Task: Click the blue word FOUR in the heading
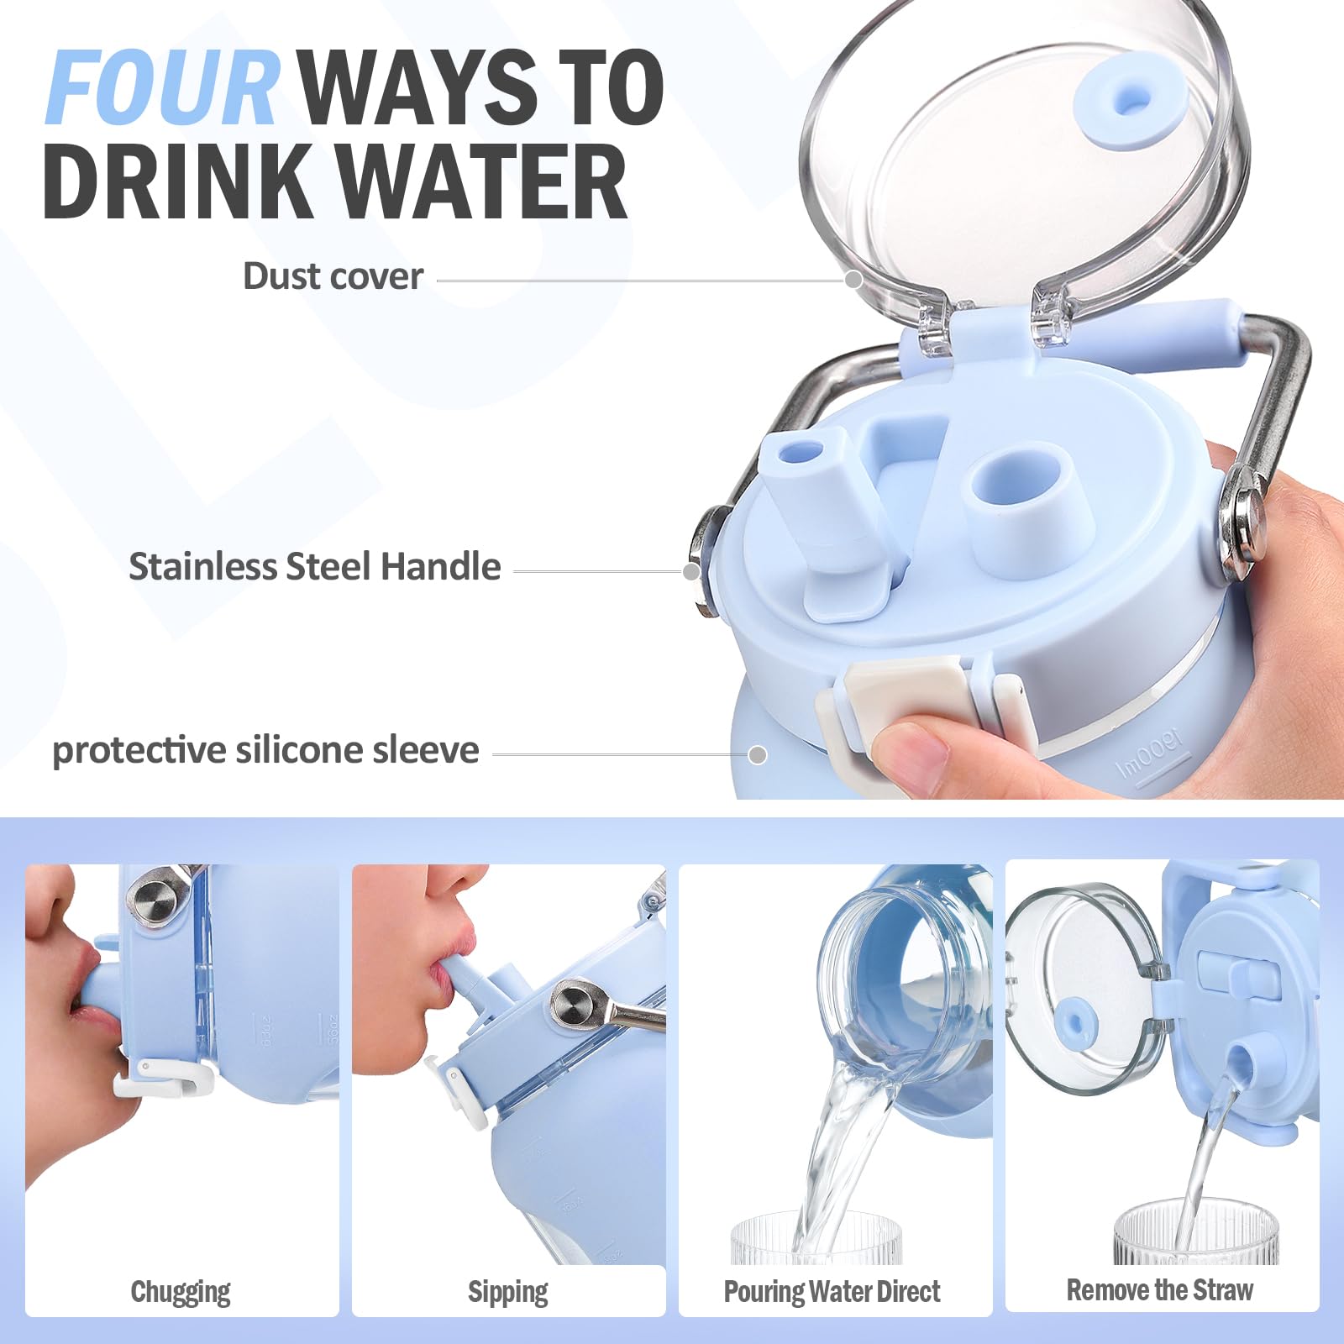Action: [162, 87]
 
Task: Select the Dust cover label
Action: [333, 276]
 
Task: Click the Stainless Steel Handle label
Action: [314, 567]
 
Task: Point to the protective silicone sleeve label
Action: [265, 750]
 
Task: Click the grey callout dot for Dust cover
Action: [853, 280]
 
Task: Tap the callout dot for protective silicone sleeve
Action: [758, 754]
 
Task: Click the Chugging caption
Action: [181, 1292]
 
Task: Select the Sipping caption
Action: [508, 1292]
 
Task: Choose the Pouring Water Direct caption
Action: [832, 1291]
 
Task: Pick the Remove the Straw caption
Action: [1160, 1289]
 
